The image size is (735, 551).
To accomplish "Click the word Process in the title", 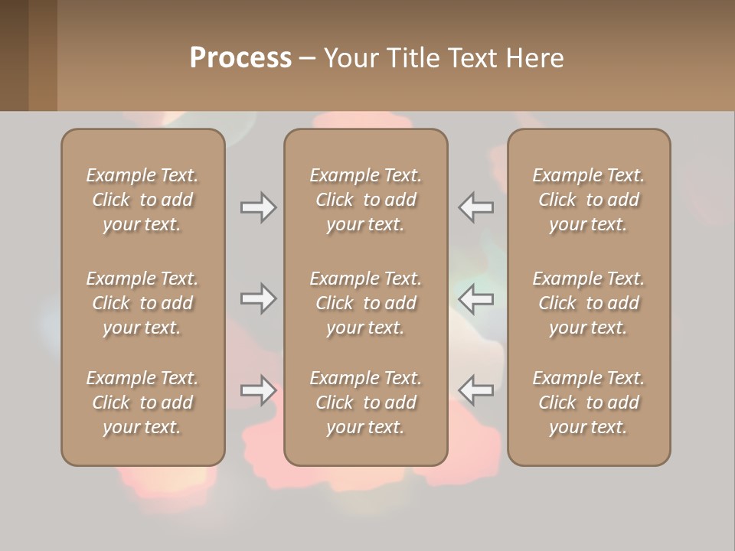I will pyautogui.click(x=240, y=58).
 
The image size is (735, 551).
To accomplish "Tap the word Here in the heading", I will pyautogui.click(x=535, y=58).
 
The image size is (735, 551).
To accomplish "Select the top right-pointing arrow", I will pyautogui.click(x=259, y=207).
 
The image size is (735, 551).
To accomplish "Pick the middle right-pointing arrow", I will pyautogui.click(x=259, y=298).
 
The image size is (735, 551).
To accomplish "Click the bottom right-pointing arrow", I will pyautogui.click(x=259, y=390).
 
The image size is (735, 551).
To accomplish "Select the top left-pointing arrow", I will pyautogui.click(x=475, y=207).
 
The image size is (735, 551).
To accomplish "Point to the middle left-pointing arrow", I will pyautogui.click(x=475, y=298).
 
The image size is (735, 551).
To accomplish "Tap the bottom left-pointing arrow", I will pyautogui.click(x=475, y=390).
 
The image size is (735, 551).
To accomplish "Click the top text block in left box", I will pyautogui.click(x=142, y=200).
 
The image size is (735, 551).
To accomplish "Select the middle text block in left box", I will pyautogui.click(x=142, y=303).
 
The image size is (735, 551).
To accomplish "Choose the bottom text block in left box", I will pyautogui.click(x=142, y=403).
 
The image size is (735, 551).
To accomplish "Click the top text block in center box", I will pyautogui.click(x=365, y=200).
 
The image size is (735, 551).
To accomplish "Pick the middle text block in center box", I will pyautogui.click(x=365, y=303).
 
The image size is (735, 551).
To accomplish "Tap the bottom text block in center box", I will pyautogui.click(x=365, y=403).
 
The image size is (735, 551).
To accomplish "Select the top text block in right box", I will pyautogui.click(x=589, y=200).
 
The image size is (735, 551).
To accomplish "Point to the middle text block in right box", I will pyautogui.click(x=589, y=303).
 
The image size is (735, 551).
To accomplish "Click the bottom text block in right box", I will pyautogui.click(x=589, y=403).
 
